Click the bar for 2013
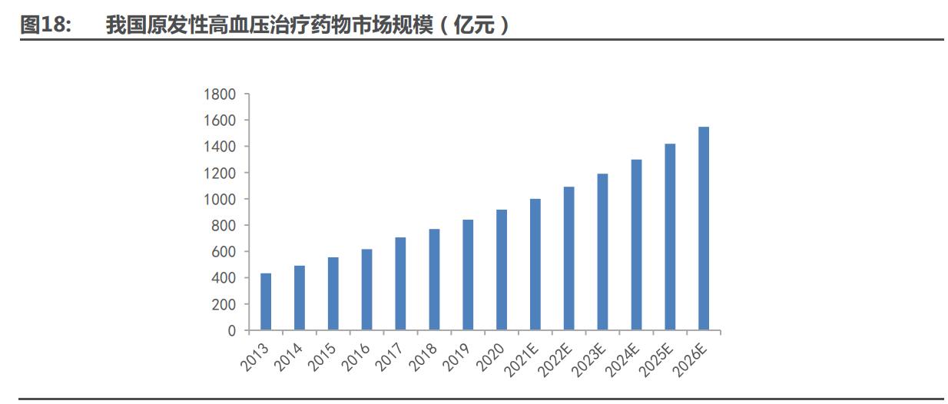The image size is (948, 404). point(266,302)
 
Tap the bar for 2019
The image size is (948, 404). point(468,275)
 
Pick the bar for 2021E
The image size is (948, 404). point(535,264)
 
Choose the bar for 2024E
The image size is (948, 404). point(636,245)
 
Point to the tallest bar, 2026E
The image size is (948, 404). point(703,228)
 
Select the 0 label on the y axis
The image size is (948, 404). point(232,331)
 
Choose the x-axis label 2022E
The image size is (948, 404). point(557,358)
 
